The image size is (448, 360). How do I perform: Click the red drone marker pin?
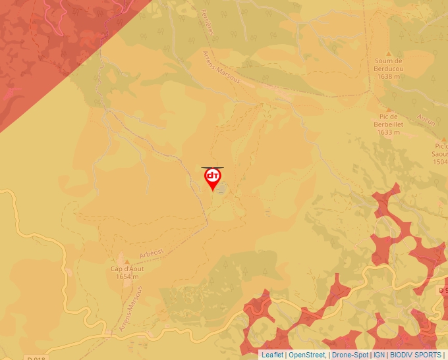click(212, 178)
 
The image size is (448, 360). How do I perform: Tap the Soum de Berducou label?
click(389, 65)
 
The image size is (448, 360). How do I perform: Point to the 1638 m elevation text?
click(389, 76)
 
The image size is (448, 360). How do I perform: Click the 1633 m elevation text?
click(388, 132)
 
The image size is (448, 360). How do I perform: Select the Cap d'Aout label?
click(127, 269)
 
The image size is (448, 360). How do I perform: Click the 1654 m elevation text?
click(127, 277)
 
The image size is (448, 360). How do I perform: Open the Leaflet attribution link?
click(272, 355)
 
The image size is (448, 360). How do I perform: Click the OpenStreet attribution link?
click(307, 355)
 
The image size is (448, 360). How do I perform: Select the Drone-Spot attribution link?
click(350, 355)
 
